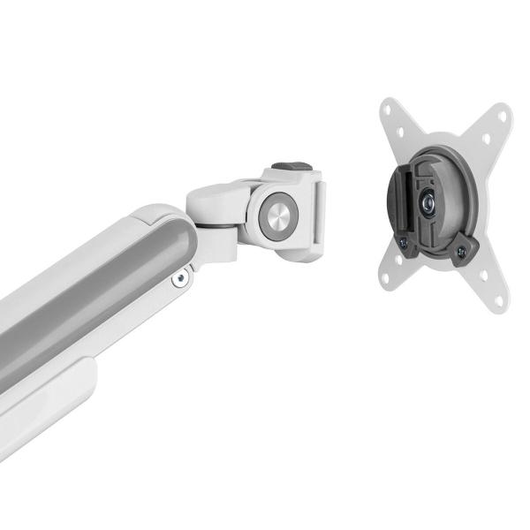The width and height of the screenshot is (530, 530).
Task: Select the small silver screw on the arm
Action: coord(181,278)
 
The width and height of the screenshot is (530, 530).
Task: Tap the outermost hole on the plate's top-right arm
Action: coord(503,117)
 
